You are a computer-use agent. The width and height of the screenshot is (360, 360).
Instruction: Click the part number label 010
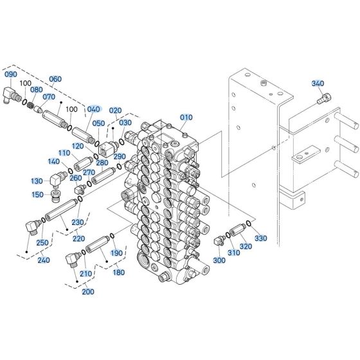coord(186,117)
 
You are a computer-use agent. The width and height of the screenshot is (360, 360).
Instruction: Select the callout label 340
coord(318,84)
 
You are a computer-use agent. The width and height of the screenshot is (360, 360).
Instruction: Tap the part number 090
coord(11,75)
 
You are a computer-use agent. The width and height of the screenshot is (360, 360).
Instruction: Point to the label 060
coord(55,79)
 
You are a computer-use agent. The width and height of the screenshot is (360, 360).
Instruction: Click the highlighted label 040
coord(94,109)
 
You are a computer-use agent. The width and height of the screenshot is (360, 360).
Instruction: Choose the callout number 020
coord(115,111)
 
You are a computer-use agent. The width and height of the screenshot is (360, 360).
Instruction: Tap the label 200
coord(88,292)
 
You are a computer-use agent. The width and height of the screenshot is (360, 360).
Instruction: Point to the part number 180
coord(119,273)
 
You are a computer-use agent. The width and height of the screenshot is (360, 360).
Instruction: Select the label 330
coord(260,239)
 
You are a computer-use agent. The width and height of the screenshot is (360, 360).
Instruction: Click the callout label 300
coord(219,260)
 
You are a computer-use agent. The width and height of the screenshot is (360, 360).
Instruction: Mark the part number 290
coord(120,156)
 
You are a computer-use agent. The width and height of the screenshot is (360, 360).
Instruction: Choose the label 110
coord(64,153)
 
